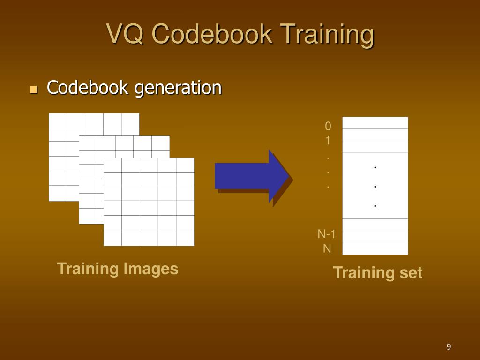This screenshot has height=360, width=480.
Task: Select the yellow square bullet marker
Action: [x=33, y=89]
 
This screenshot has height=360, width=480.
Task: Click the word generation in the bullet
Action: [x=178, y=87]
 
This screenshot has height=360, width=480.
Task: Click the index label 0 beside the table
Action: [x=328, y=126]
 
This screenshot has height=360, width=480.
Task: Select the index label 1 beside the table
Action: [x=328, y=141]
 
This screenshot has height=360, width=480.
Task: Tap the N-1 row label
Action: [x=327, y=234]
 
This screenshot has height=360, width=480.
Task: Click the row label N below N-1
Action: [x=327, y=248]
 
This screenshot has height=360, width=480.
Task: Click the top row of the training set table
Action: [x=375, y=123]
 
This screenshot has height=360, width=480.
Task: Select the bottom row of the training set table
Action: [x=375, y=248]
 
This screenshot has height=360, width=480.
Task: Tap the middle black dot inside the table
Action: [x=375, y=187]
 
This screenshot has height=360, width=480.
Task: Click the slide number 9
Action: [x=449, y=347]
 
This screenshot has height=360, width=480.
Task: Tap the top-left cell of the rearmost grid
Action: [x=58, y=120]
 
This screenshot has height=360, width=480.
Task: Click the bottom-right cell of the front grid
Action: [x=185, y=238]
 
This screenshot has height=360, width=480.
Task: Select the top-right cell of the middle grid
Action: [x=161, y=143]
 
